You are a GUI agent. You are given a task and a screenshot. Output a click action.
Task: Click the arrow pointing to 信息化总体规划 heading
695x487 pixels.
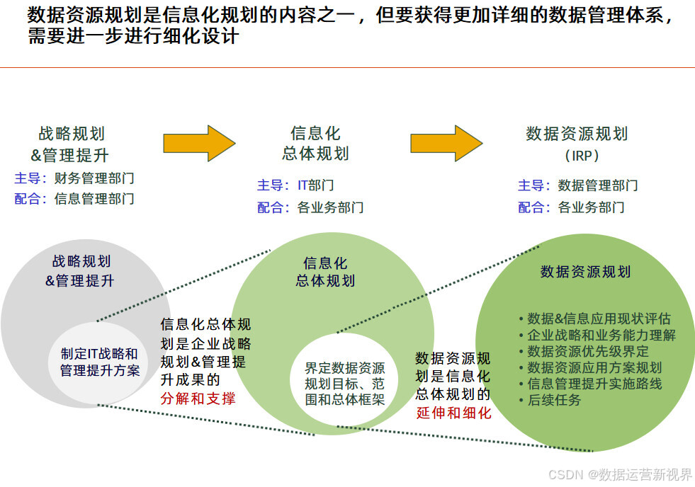click(198, 143)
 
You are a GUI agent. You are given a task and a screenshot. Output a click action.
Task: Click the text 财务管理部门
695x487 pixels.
click(94, 178)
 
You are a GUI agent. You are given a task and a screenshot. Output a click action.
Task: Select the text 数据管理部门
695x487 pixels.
click(598, 185)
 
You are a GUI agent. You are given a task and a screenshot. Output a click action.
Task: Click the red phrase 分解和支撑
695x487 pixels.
click(198, 399)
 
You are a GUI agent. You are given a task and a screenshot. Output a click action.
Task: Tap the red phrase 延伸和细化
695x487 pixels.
click(453, 413)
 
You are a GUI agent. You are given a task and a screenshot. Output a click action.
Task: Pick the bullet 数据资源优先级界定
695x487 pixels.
click(587, 351)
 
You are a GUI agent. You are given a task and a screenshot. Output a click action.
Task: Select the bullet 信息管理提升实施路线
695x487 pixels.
click(594, 384)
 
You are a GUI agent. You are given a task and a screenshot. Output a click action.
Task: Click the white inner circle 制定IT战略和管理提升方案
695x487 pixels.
click(100, 362)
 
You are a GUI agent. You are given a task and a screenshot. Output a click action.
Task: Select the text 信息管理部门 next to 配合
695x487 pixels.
click(94, 199)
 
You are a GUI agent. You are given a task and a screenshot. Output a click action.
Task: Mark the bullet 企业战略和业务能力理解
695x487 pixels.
click(601, 335)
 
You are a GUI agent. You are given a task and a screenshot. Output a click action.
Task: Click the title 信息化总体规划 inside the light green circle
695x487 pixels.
click(325, 272)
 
